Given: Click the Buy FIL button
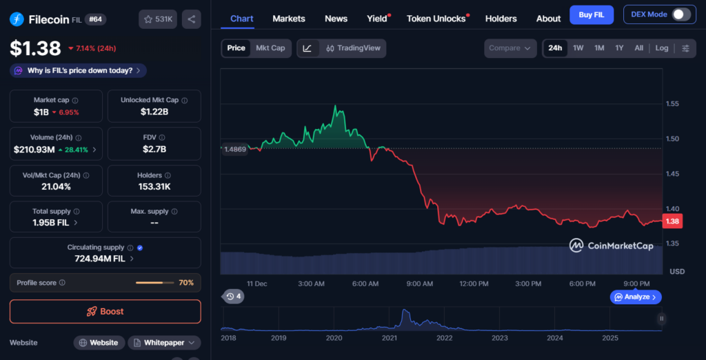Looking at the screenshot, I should [x=592, y=15].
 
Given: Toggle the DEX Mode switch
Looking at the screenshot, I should [x=681, y=14].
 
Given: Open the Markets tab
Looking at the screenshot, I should [x=289, y=19].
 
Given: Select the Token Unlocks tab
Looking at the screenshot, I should [x=436, y=19].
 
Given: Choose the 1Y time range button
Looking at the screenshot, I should [x=619, y=48].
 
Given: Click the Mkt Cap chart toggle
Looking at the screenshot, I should [x=270, y=48].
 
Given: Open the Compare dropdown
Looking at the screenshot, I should [x=510, y=48].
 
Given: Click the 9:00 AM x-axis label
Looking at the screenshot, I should [x=419, y=283].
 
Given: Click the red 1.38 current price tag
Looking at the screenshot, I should [x=672, y=221].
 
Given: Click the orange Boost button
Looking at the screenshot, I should [x=105, y=312].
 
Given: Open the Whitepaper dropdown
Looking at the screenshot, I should [x=164, y=343].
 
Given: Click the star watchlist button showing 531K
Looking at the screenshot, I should [x=158, y=19].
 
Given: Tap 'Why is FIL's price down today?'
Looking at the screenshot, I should [x=78, y=70].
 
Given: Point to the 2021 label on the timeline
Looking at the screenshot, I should [x=390, y=338].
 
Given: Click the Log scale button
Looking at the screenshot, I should [x=662, y=48].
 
